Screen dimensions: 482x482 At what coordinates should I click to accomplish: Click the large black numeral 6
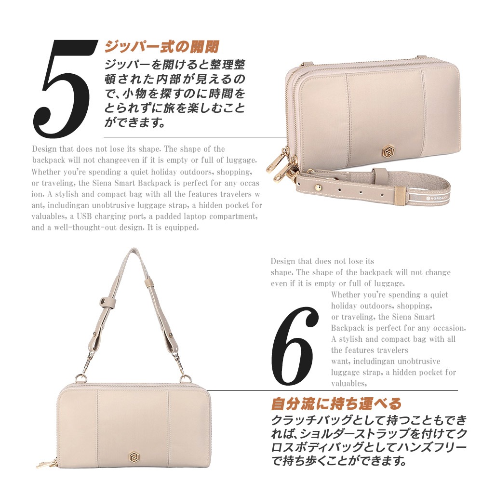click(x=294, y=346)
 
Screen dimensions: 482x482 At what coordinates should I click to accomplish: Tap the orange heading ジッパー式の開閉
click(x=161, y=47)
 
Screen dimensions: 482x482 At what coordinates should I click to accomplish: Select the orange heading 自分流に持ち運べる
click(x=336, y=404)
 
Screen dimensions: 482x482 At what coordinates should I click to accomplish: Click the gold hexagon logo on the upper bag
click(x=388, y=151)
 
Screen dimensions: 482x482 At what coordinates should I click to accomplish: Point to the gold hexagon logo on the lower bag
click(x=134, y=456)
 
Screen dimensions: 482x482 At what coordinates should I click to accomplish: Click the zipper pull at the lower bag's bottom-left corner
click(x=47, y=463)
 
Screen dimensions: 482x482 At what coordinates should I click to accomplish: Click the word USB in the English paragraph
click(x=84, y=216)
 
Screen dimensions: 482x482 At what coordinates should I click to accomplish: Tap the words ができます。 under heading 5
click(x=134, y=122)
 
